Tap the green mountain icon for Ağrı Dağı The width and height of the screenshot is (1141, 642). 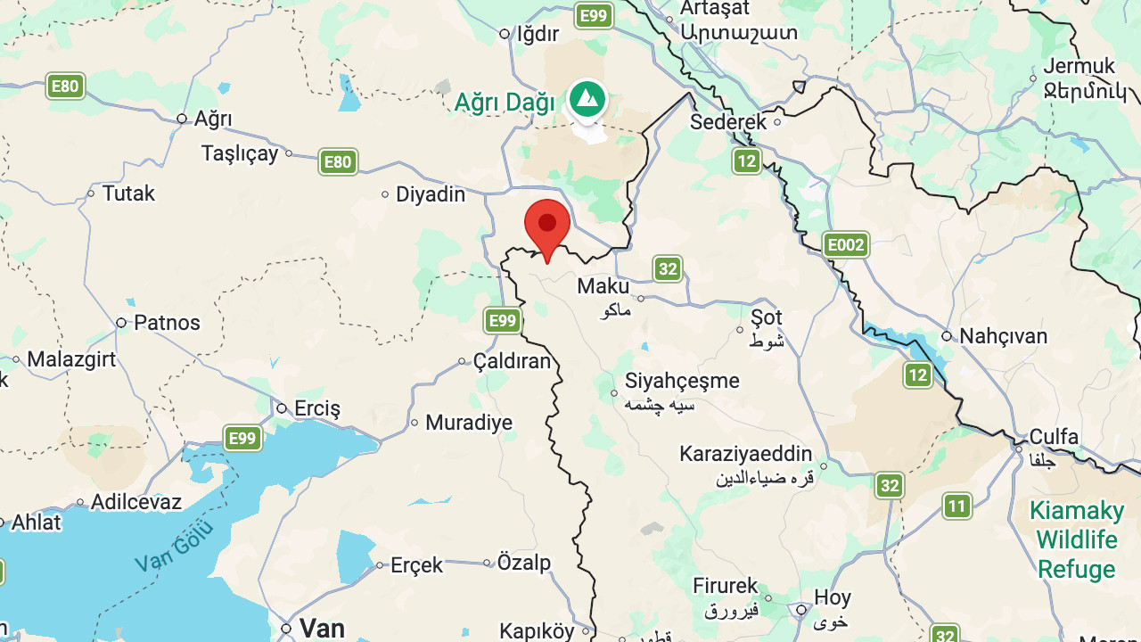[586, 99]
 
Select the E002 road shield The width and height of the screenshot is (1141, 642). [845, 244]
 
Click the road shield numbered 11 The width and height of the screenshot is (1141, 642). [956, 506]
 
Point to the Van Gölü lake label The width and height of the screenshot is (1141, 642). [175, 547]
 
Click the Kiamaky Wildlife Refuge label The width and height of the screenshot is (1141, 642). [1077, 539]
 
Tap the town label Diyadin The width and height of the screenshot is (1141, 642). [431, 194]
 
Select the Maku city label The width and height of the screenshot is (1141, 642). [603, 287]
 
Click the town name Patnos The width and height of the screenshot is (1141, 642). [167, 323]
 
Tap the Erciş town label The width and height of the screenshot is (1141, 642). [317, 409]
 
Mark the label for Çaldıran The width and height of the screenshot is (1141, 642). [512, 362]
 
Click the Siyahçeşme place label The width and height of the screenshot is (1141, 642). [682, 381]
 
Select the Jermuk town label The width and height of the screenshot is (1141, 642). [1079, 66]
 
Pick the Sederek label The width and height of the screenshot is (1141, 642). [728, 122]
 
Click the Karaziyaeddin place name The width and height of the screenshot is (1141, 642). [746, 454]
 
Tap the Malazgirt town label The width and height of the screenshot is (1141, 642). [72, 360]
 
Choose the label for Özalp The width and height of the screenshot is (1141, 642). [524, 563]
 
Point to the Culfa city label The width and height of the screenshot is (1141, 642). [1054, 437]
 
